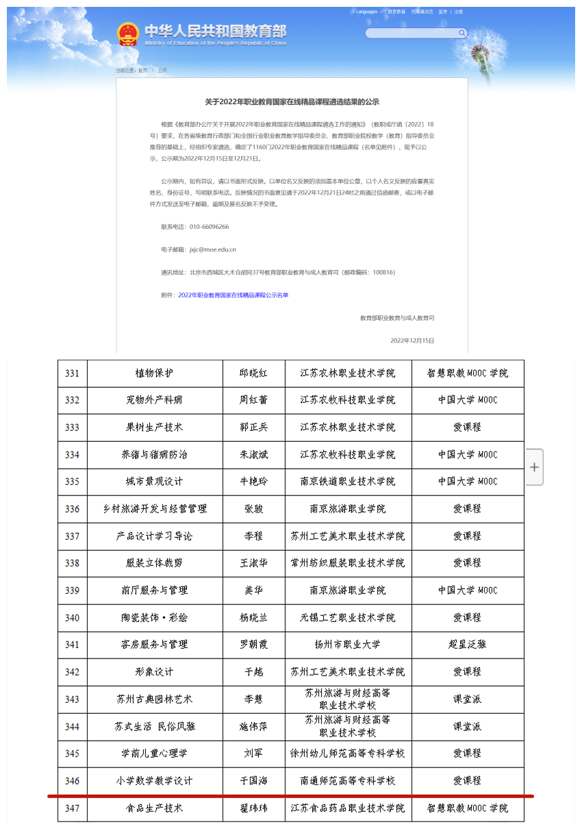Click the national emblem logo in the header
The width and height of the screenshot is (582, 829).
127,34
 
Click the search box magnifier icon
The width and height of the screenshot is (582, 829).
462,33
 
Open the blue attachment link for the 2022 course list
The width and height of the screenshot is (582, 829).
233,295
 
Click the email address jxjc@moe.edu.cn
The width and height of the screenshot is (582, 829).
213,249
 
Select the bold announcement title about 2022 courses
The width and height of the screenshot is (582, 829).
292,101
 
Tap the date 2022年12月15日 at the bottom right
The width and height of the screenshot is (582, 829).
412,341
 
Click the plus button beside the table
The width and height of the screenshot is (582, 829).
535,467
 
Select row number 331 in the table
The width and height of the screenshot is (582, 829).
72,373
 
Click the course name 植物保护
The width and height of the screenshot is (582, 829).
155,373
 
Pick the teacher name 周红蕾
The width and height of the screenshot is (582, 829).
253,400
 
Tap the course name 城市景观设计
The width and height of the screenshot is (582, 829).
155,482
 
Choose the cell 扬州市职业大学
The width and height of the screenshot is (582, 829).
348,645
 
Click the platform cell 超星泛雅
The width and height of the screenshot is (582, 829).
468,645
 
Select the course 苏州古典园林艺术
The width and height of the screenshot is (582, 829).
155,700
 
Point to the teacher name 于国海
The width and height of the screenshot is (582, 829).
253,780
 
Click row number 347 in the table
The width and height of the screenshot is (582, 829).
72,808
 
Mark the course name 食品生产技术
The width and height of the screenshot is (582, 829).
155,808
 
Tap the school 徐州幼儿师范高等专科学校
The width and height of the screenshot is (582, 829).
348,754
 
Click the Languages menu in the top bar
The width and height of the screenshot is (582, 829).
368,12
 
